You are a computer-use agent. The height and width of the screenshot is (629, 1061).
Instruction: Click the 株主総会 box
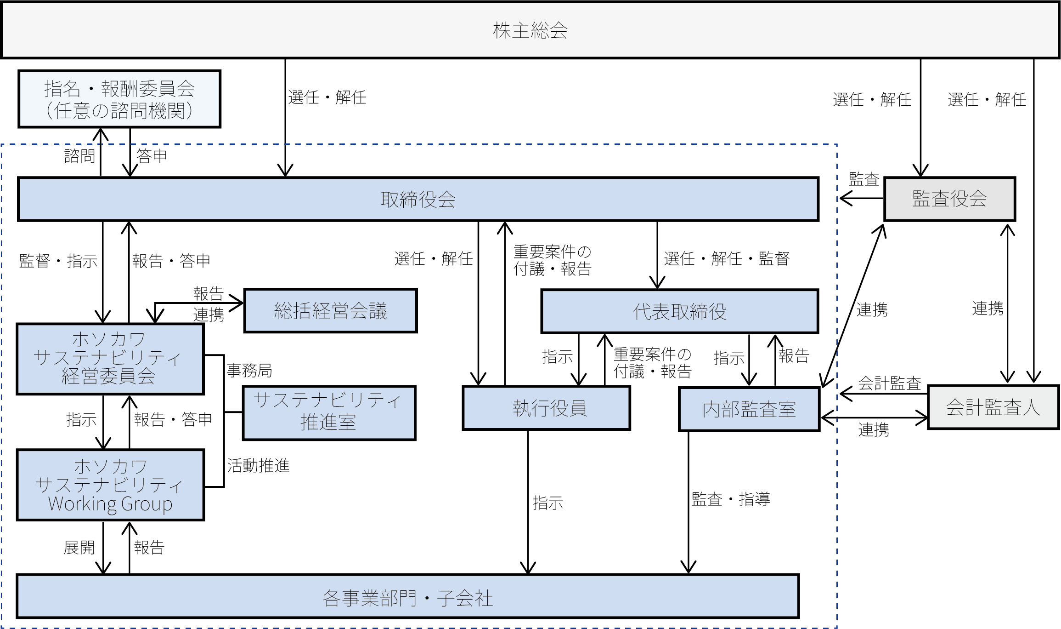click(x=530, y=30)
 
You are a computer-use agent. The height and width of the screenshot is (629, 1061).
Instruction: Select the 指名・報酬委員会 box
click(x=119, y=99)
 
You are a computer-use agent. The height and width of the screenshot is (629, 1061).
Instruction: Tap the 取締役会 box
click(x=418, y=199)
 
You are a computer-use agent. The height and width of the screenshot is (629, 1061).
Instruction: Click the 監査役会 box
click(x=949, y=199)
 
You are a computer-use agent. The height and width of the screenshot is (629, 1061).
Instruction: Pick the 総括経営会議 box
click(x=330, y=311)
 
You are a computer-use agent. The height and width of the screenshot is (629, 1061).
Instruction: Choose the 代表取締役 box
click(x=679, y=311)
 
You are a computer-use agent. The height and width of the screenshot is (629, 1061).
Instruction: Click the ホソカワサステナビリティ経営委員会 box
click(x=110, y=359)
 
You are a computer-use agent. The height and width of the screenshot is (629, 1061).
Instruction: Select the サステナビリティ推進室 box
click(x=329, y=412)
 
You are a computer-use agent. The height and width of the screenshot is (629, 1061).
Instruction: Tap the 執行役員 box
click(x=546, y=408)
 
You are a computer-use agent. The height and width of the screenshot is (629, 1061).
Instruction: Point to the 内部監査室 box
click(x=749, y=409)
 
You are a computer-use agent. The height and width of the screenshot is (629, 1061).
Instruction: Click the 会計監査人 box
click(x=993, y=407)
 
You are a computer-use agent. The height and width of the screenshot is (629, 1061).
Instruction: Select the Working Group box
click(x=110, y=485)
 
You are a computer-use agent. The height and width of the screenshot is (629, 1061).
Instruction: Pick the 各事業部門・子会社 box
click(x=408, y=597)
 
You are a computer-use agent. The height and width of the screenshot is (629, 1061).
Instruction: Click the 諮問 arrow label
click(x=79, y=156)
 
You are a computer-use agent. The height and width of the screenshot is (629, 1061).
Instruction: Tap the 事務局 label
click(x=249, y=370)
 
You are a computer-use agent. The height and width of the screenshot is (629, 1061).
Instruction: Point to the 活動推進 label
click(x=258, y=466)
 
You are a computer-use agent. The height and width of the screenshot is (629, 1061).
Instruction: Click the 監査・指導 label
click(x=730, y=499)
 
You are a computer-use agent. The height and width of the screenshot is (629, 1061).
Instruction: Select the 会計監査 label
click(x=890, y=383)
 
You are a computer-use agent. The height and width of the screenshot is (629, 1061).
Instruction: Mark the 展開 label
click(x=79, y=547)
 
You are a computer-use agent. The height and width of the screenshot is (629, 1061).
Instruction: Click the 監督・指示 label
click(x=58, y=261)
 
